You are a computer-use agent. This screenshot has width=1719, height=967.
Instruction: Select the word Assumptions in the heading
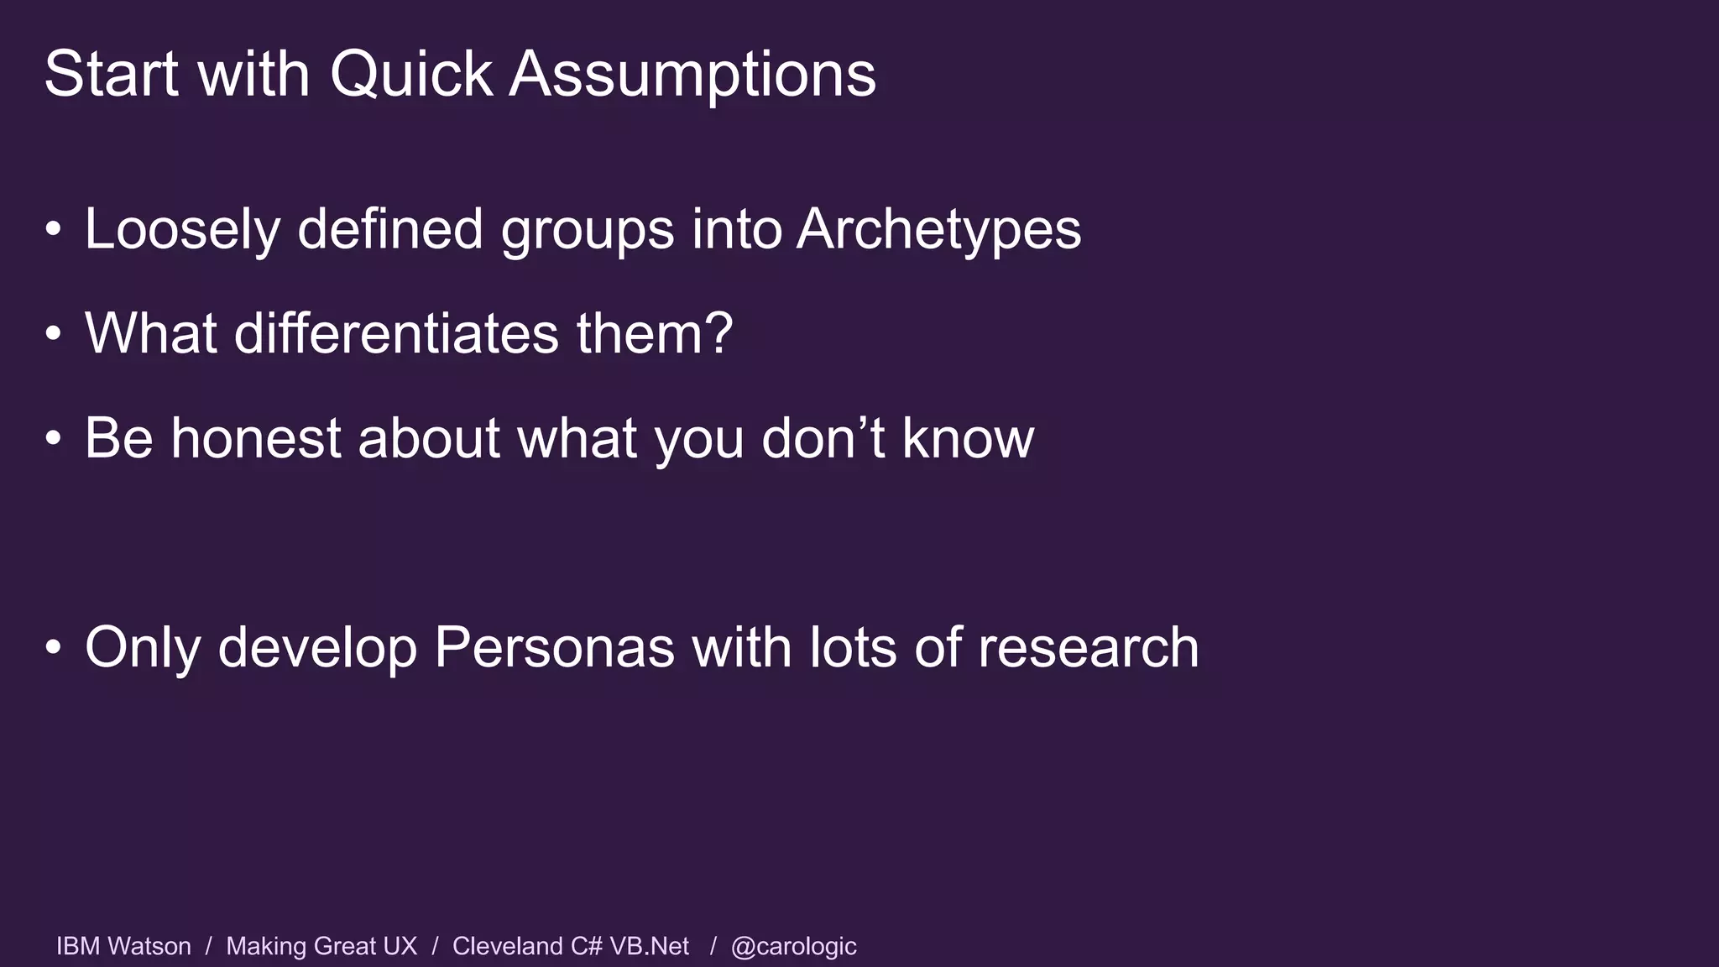point(692,76)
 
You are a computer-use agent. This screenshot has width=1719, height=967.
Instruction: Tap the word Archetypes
point(938,230)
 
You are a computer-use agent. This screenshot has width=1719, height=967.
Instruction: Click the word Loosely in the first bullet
point(182,230)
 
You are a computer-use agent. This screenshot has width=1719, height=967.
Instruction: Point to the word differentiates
point(396,334)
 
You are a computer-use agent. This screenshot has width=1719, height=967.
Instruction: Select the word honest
point(255,438)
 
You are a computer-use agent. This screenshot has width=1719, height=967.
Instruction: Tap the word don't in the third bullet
point(823,438)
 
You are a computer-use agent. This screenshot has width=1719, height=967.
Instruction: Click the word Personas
point(554,648)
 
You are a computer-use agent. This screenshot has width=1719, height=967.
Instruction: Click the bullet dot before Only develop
point(54,648)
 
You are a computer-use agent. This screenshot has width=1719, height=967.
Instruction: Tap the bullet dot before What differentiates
point(54,334)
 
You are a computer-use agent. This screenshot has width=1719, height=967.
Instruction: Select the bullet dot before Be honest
point(54,438)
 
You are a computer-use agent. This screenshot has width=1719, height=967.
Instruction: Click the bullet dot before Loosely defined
point(54,230)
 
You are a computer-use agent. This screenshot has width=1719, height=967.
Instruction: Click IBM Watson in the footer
point(123,946)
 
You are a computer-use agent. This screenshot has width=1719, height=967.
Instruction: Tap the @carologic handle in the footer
point(793,946)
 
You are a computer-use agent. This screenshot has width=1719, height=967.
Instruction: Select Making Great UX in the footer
point(321,946)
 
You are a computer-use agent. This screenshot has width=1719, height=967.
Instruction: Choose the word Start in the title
point(112,76)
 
